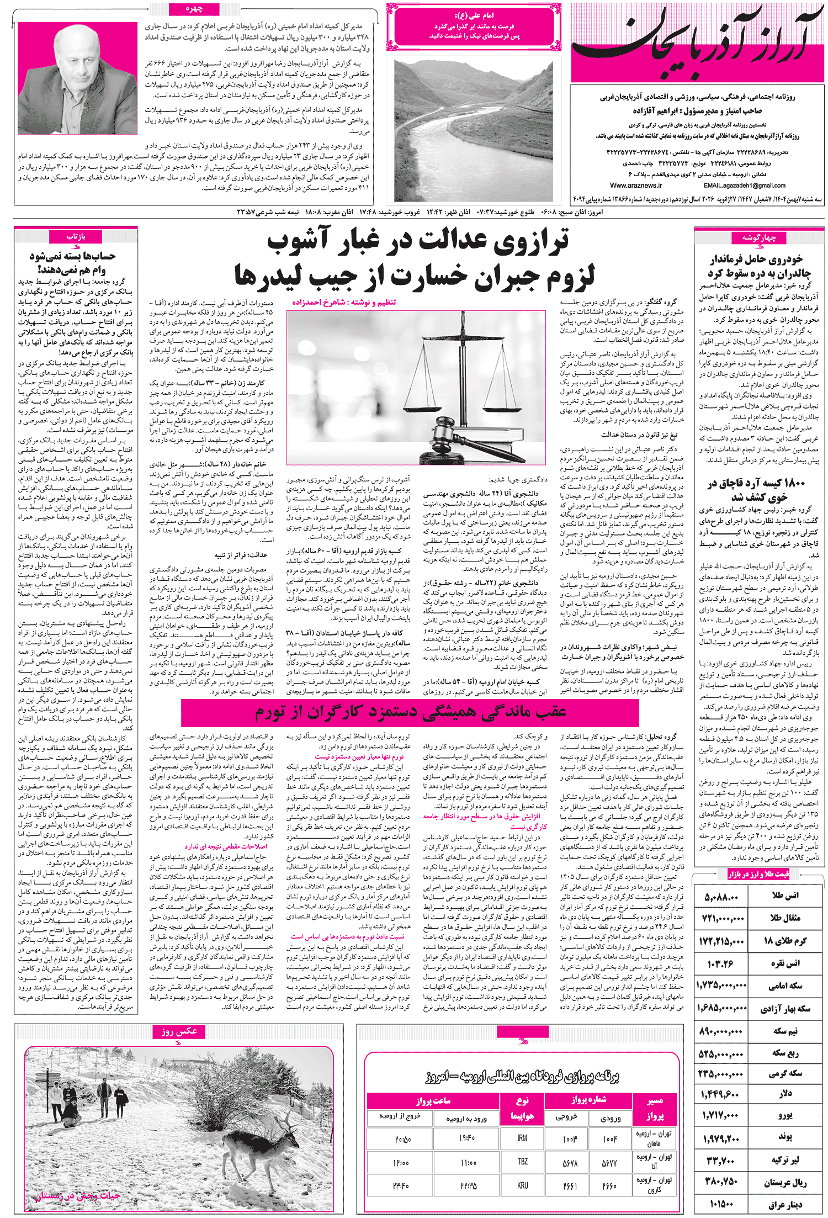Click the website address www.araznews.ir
point(636,186)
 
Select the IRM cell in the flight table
point(522,1138)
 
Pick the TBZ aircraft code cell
point(522,1161)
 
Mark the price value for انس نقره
point(720,963)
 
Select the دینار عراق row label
point(784,1204)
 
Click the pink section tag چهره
point(194,9)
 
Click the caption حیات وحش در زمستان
point(77,1196)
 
